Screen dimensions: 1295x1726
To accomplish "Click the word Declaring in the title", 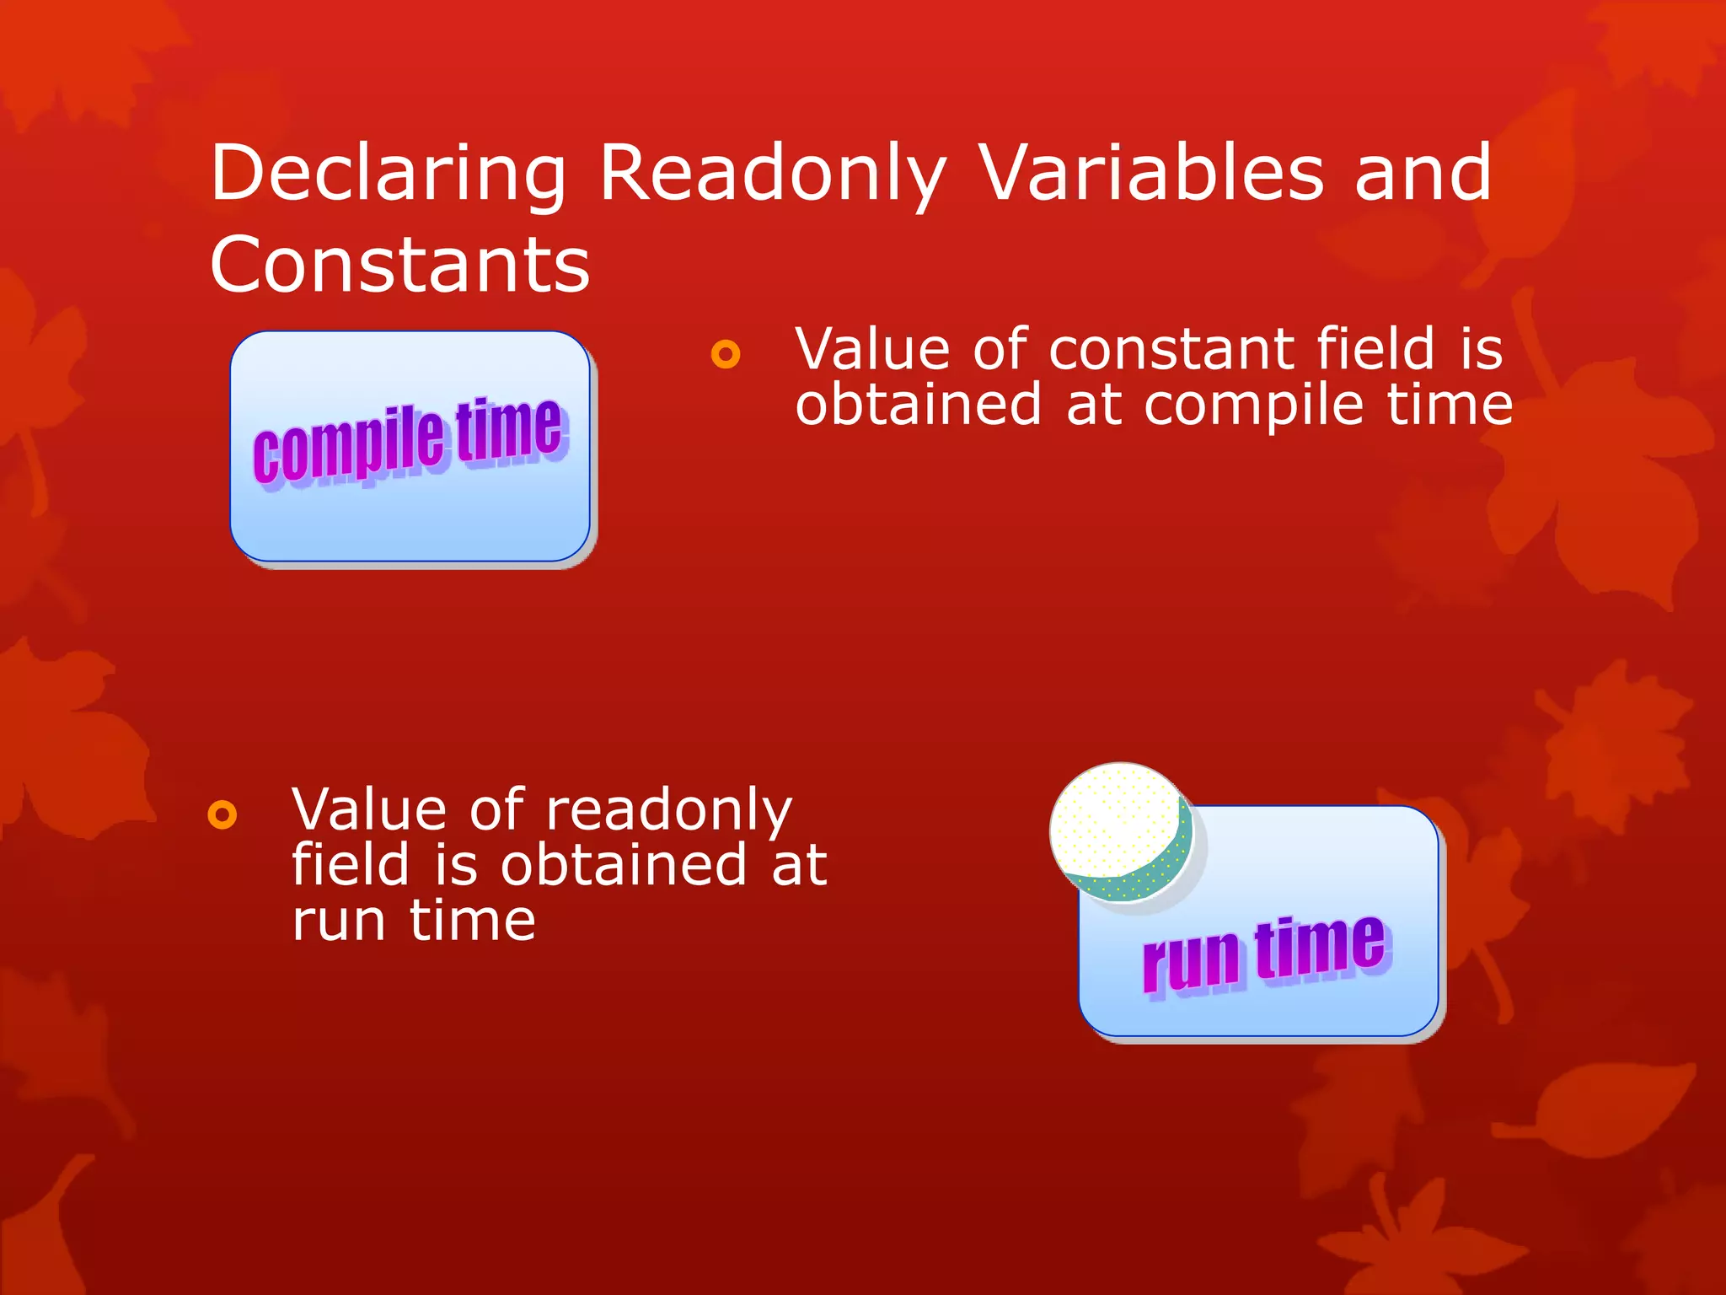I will click(x=388, y=174).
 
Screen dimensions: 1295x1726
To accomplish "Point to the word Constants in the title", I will click(x=399, y=265).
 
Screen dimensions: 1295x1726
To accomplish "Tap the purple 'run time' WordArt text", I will click(x=1264, y=953).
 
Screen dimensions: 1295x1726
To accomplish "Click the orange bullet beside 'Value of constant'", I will click(x=725, y=353).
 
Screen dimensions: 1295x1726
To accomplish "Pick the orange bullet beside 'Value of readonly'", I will click(x=222, y=814).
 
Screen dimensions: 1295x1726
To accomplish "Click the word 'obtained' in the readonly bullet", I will click(x=624, y=865).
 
